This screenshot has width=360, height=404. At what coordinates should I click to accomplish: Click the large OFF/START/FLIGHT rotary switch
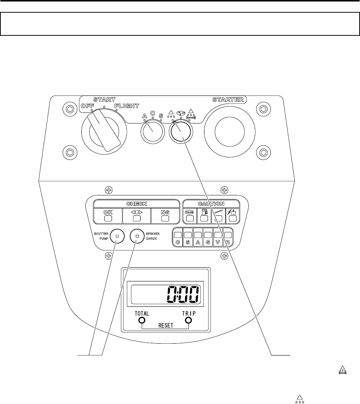[101, 133]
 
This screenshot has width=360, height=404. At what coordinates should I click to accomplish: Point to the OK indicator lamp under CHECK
[107, 218]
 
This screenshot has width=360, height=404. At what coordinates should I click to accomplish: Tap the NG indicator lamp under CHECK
[165, 218]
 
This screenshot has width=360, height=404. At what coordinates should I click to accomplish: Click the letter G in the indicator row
[208, 242]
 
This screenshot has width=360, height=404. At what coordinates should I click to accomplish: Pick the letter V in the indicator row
[218, 242]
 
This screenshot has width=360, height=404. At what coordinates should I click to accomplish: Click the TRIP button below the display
[189, 321]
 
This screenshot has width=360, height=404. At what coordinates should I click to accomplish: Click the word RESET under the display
[165, 325]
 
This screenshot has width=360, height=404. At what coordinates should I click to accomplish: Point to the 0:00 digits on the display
[182, 295]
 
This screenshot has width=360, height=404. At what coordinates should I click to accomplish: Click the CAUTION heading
[211, 203]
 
